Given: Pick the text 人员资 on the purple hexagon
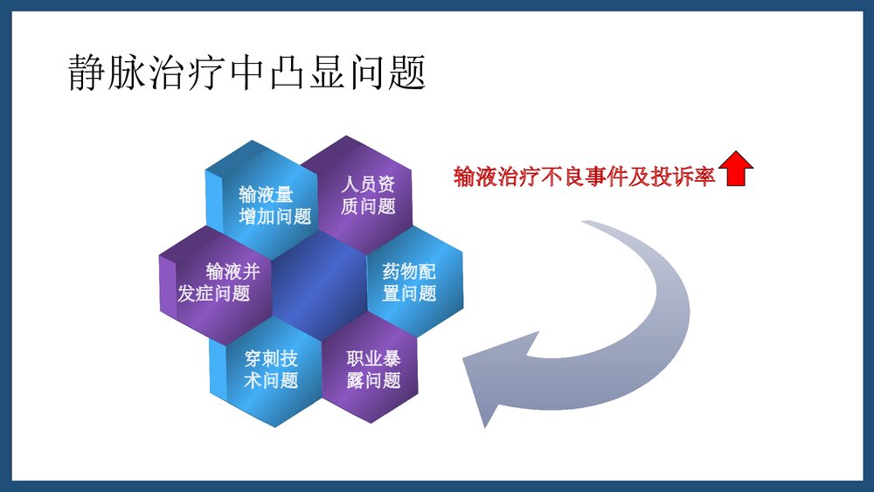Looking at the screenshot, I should pos(367,184).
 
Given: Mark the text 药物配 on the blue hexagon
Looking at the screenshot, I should pos(409,272).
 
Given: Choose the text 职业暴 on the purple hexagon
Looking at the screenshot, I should pos(373,359).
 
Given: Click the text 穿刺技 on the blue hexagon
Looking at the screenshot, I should pos(272,359).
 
